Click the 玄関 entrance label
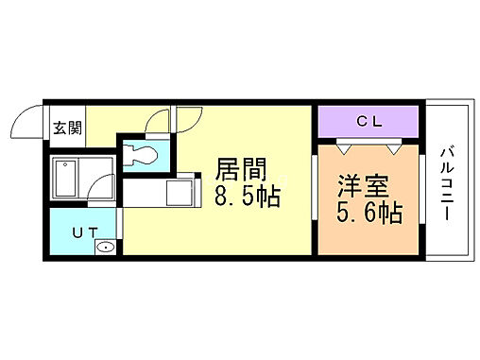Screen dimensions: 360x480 tap(64, 129)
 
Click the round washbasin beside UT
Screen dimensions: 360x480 tap(106, 248)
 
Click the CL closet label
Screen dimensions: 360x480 tap(369, 120)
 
